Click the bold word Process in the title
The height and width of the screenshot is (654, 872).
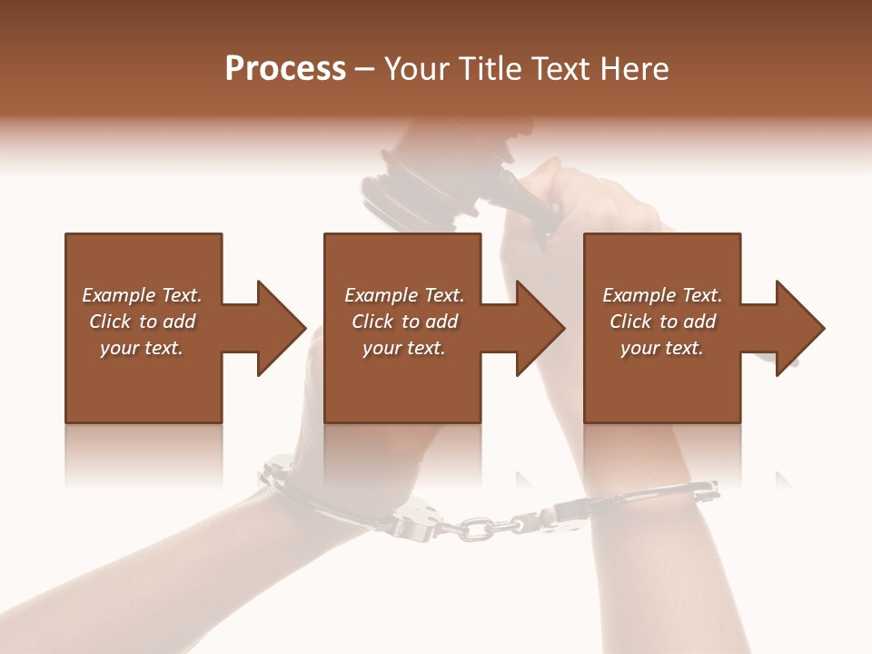click(x=285, y=69)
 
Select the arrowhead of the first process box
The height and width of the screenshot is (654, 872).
click(x=278, y=328)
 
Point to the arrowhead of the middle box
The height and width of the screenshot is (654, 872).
click(x=538, y=328)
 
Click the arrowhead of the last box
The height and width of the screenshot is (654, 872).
click(x=798, y=328)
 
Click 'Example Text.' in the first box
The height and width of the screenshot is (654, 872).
click(x=142, y=295)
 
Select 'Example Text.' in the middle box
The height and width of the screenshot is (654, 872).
click(x=403, y=295)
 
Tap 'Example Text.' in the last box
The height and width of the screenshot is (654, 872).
click(x=662, y=295)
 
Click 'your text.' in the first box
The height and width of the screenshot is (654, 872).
click(x=142, y=348)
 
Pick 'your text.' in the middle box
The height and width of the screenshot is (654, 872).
click(x=403, y=348)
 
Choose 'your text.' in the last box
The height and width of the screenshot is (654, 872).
click(x=662, y=348)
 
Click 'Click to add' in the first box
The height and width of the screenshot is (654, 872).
click(x=142, y=322)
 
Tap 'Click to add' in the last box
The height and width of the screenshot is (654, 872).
click(x=662, y=322)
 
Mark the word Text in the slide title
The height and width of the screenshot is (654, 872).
click(x=564, y=69)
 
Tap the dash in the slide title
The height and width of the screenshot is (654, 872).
click(x=365, y=70)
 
